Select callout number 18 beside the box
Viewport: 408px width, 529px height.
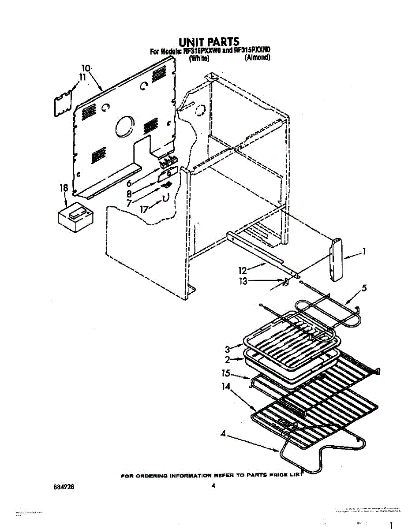pyautogui.click(x=64, y=188)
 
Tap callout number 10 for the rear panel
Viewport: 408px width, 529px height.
pyautogui.click(x=86, y=68)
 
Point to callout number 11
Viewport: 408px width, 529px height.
pyautogui.click(x=82, y=77)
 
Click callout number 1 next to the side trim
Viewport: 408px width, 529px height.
pyautogui.click(x=364, y=252)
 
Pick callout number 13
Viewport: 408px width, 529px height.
pyautogui.click(x=243, y=281)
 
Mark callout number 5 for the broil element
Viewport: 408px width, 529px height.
pyautogui.click(x=364, y=289)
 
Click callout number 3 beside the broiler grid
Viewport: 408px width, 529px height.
pyautogui.click(x=228, y=349)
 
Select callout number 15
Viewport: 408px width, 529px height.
pyautogui.click(x=226, y=373)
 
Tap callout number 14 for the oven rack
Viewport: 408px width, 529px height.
pyautogui.click(x=226, y=387)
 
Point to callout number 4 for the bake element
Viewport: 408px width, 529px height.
pyautogui.click(x=224, y=433)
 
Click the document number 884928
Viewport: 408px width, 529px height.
pyautogui.click(x=64, y=488)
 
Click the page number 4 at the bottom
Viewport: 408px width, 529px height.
pyautogui.click(x=213, y=486)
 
